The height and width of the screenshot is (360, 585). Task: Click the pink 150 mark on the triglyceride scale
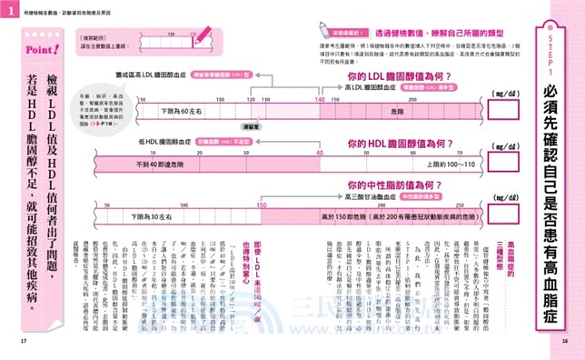pyautogui.click(x=263, y=205)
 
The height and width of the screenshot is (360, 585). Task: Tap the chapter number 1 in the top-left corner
pyautogui.click(x=7, y=9)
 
